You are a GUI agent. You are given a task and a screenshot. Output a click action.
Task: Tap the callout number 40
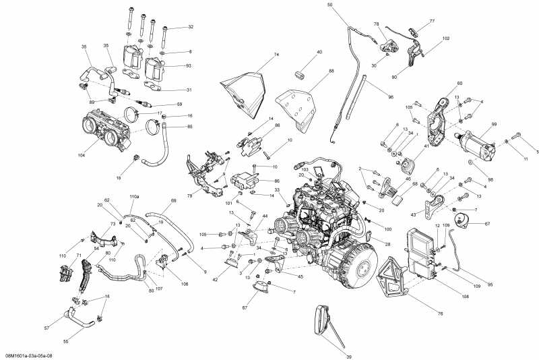[x=319, y=52]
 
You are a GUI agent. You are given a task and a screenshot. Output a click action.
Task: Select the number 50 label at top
[x=330, y=5]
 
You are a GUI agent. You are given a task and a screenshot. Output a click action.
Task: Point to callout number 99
[x=494, y=125]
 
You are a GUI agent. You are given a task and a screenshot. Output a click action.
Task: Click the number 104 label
[x=82, y=155]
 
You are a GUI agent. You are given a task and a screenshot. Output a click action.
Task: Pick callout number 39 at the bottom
[x=330, y=356]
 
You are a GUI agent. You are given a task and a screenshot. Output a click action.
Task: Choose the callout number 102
[x=446, y=38]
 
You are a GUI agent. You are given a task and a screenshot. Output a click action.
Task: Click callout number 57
[x=46, y=328]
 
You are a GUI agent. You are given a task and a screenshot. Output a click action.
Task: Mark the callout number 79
[x=189, y=196]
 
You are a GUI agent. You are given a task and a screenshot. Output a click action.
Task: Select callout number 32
[x=191, y=27]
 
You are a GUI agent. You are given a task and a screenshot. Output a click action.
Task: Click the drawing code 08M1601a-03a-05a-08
[x=30, y=355]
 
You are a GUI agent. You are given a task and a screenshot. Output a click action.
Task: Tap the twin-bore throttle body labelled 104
[x=104, y=127]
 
